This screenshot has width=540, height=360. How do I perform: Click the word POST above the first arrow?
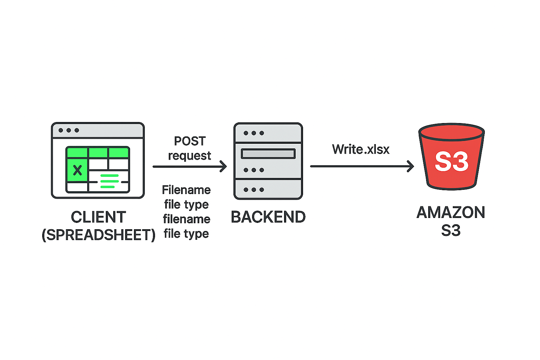pyautogui.click(x=190, y=141)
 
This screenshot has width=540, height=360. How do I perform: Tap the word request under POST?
pyautogui.click(x=189, y=156)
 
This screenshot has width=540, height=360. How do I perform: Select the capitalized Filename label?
pyautogui.click(x=186, y=190)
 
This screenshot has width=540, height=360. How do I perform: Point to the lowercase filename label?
pyautogui.click(x=187, y=219)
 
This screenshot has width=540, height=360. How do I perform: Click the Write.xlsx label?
pyautogui.click(x=361, y=149)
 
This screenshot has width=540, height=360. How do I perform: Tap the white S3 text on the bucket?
pyautogui.click(x=451, y=162)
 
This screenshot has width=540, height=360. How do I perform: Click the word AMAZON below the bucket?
pyautogui.click(x=451, y=213)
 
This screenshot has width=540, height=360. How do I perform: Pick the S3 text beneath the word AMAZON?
pyautogui.click(x=451, y=231)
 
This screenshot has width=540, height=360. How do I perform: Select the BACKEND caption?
pyautogui.click(x=268, y=217)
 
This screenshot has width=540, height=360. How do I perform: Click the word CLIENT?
pyautogui.click(x=98, y=217)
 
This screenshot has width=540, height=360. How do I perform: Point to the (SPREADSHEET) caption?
pyautogui.click(x=98, y=235)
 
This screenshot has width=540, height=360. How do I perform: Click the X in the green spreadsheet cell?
pyautogui.click(x=77, y=170)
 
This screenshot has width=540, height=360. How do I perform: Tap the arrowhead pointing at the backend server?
pyautogui.click(x=224, y=166)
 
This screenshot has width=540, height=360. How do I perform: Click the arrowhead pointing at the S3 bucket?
pyautogui.click(x=411, y=166)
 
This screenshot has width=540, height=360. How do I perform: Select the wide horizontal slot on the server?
pyautogui.click(x=268, y=154)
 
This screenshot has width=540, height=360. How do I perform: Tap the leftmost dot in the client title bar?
pyautogui.click(x=61, y=130)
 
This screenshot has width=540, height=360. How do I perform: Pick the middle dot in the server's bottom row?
pyautogui.click(x=253, y=190)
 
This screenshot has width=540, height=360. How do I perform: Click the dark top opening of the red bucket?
pyautogui.click(x=451, y=131)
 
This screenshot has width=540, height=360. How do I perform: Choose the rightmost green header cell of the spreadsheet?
pyautogui.click(x=118, y=153)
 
